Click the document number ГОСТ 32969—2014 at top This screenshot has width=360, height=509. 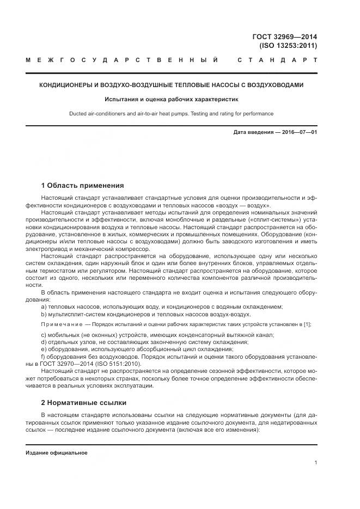point(285,37)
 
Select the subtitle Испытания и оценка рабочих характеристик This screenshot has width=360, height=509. point(172,99)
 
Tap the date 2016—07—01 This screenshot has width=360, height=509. point(298,132)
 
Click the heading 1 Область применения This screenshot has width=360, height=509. point(82,185)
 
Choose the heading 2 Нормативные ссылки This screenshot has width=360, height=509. point(84,403)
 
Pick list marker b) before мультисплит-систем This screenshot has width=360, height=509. point(44,314)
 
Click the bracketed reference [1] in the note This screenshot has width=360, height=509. point(307,324)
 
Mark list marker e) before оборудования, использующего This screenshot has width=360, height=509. point(44,349)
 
